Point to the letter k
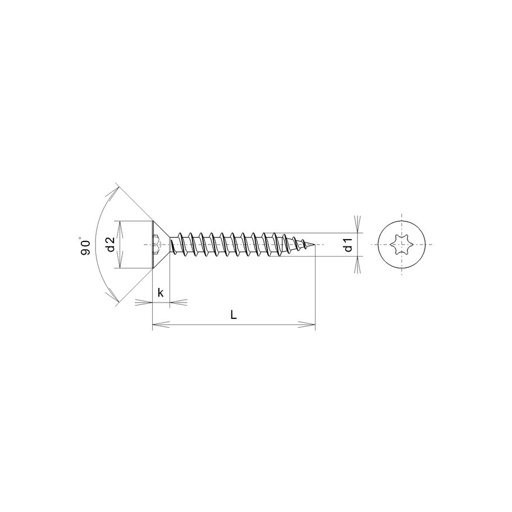[x=161, y=292]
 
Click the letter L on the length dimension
[x=234, y=315]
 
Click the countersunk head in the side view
[x=160, y=245]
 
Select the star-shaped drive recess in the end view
[x=403, y=245]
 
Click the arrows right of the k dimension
[x=179, y=302]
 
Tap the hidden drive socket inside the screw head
[x=158, y=245]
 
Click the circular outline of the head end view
[x=403, y=221]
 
